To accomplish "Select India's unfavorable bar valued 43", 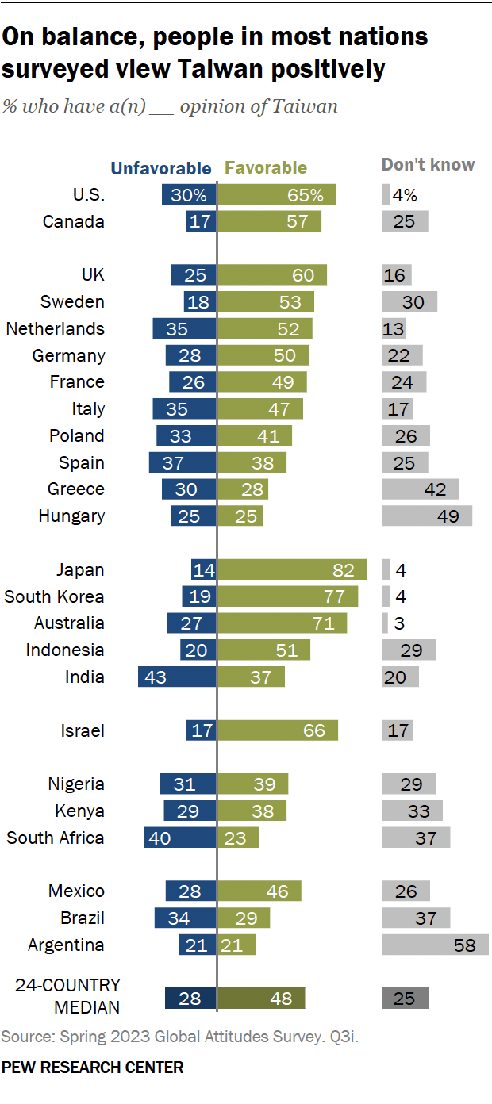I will (177, 677).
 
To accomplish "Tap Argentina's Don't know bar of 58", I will (435, 945).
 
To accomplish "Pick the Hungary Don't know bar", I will (427, 516).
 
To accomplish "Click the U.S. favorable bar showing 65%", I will (277, 194).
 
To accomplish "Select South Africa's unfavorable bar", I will (179, 838).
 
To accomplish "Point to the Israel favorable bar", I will (278, 730).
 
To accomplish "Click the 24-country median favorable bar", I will (261, 998).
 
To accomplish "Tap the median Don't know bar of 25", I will (405, 998).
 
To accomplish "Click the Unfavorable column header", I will (161, 168).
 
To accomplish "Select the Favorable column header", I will (266, 168).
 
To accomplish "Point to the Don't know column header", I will (428, 165).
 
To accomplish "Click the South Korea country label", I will (55, 596).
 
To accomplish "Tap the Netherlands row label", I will (55, 328).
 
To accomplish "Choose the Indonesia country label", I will (65, 650).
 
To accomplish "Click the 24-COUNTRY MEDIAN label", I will (68, 996).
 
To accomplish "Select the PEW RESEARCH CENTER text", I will (93, 1068).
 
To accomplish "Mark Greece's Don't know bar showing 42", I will (421, 489).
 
